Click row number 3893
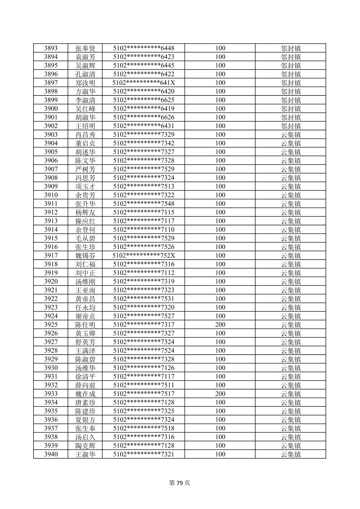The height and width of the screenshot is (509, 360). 51,48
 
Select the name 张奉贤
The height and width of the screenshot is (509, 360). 85,48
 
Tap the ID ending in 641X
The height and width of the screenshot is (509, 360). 144,83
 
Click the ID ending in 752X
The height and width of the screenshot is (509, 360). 144,256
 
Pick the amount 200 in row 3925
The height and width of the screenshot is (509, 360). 220,325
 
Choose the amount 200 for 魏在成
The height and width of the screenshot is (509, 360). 220,394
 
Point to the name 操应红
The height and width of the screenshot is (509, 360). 85,221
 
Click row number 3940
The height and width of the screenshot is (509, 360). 51,454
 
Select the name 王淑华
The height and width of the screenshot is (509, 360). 85,454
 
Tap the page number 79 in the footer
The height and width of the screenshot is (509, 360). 180,483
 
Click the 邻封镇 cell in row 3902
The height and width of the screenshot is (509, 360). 290,126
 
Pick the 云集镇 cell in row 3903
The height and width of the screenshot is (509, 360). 290,135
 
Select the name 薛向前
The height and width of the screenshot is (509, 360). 85,385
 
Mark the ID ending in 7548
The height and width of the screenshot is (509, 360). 144,204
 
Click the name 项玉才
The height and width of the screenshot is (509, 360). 85,187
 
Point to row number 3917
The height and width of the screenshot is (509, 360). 51,256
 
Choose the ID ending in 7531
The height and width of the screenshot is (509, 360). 144,299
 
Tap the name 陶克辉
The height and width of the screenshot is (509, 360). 85,446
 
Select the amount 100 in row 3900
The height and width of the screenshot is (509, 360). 220,109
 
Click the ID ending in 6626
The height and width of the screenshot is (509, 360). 144,117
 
